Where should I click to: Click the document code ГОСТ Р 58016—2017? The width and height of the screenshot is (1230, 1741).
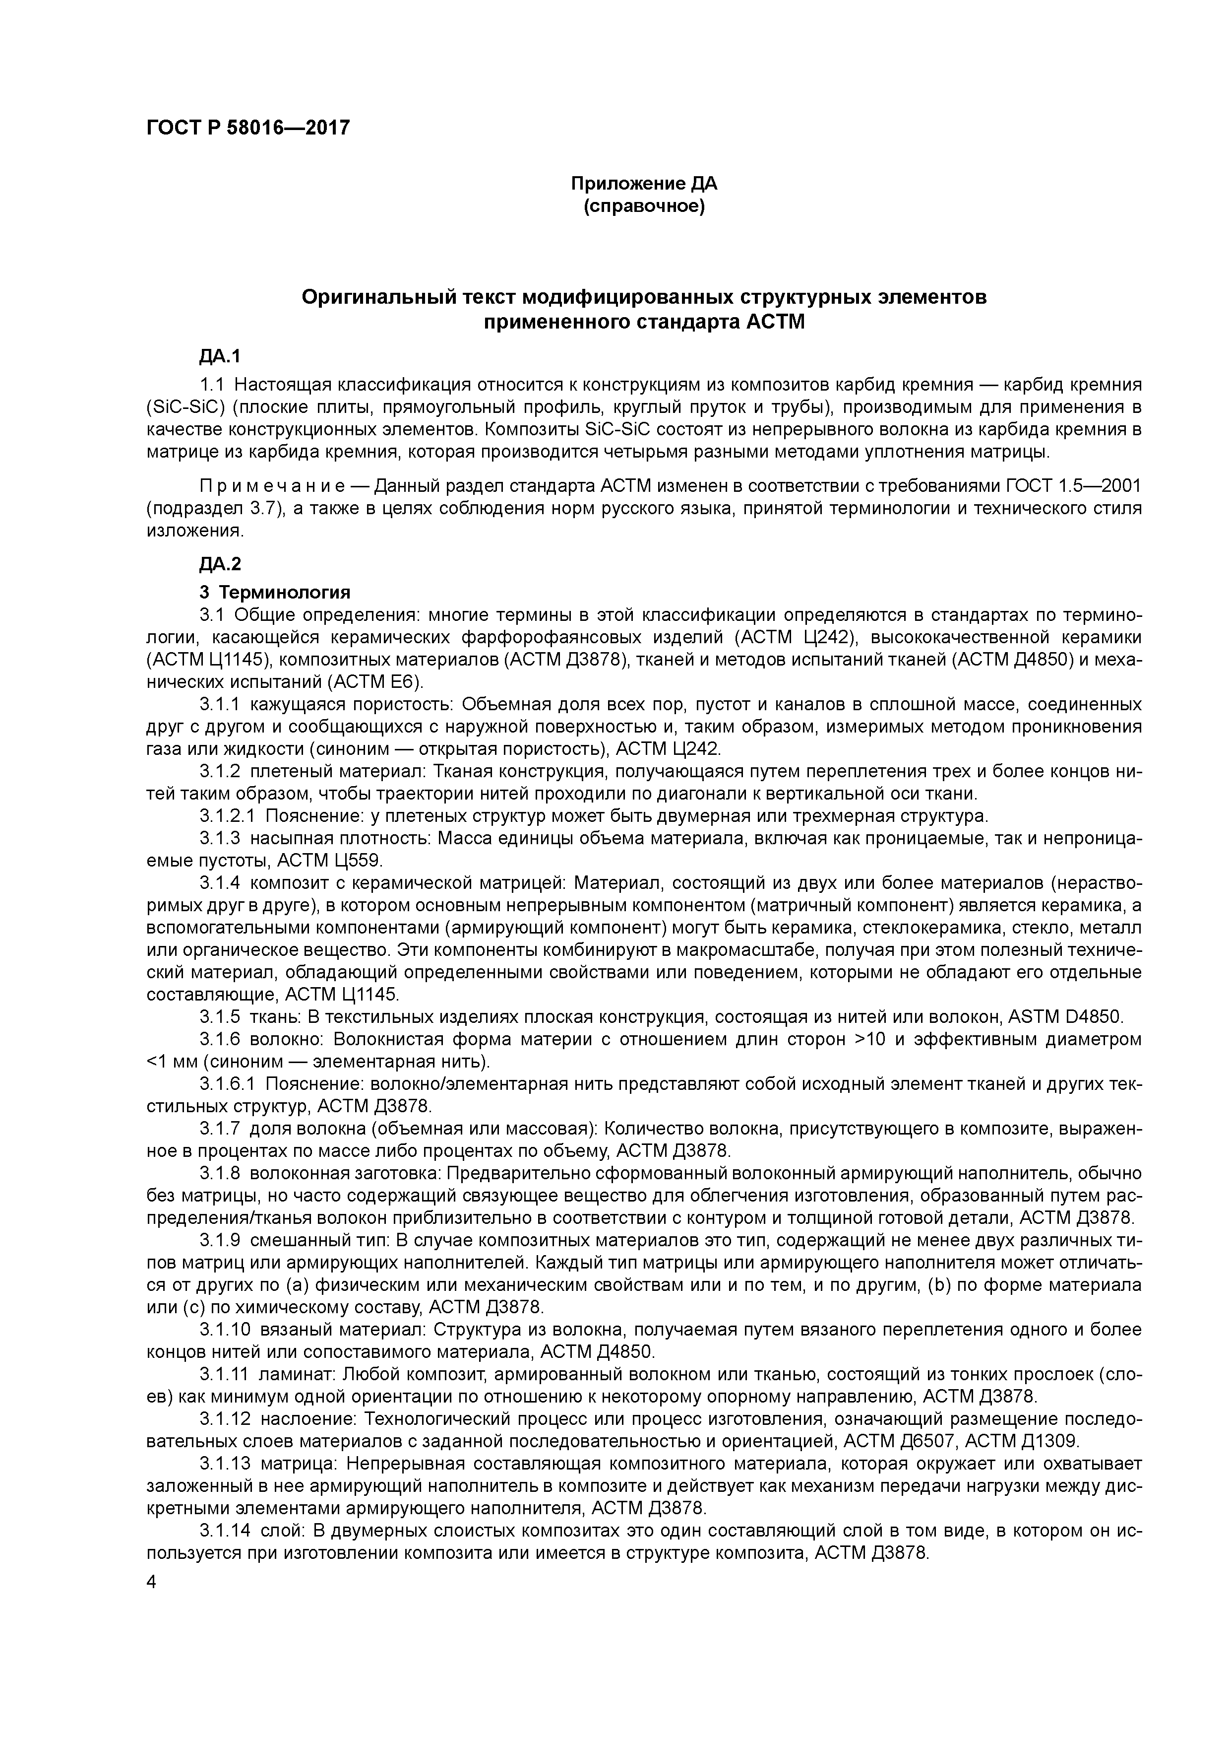pyautogui.click(x=248, y=128)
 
